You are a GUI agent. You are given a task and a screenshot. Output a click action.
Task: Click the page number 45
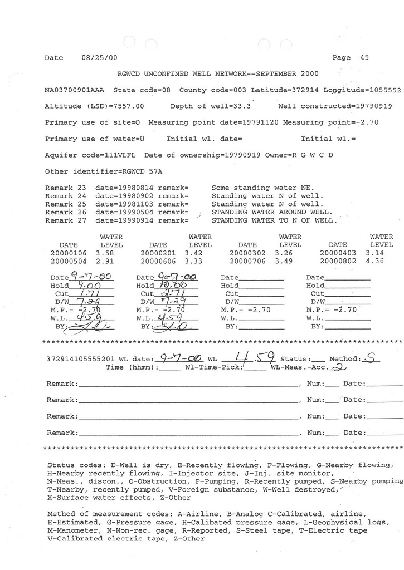364,57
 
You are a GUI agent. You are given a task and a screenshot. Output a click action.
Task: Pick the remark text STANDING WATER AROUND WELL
272,212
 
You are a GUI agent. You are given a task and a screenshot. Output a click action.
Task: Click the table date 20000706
248,261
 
